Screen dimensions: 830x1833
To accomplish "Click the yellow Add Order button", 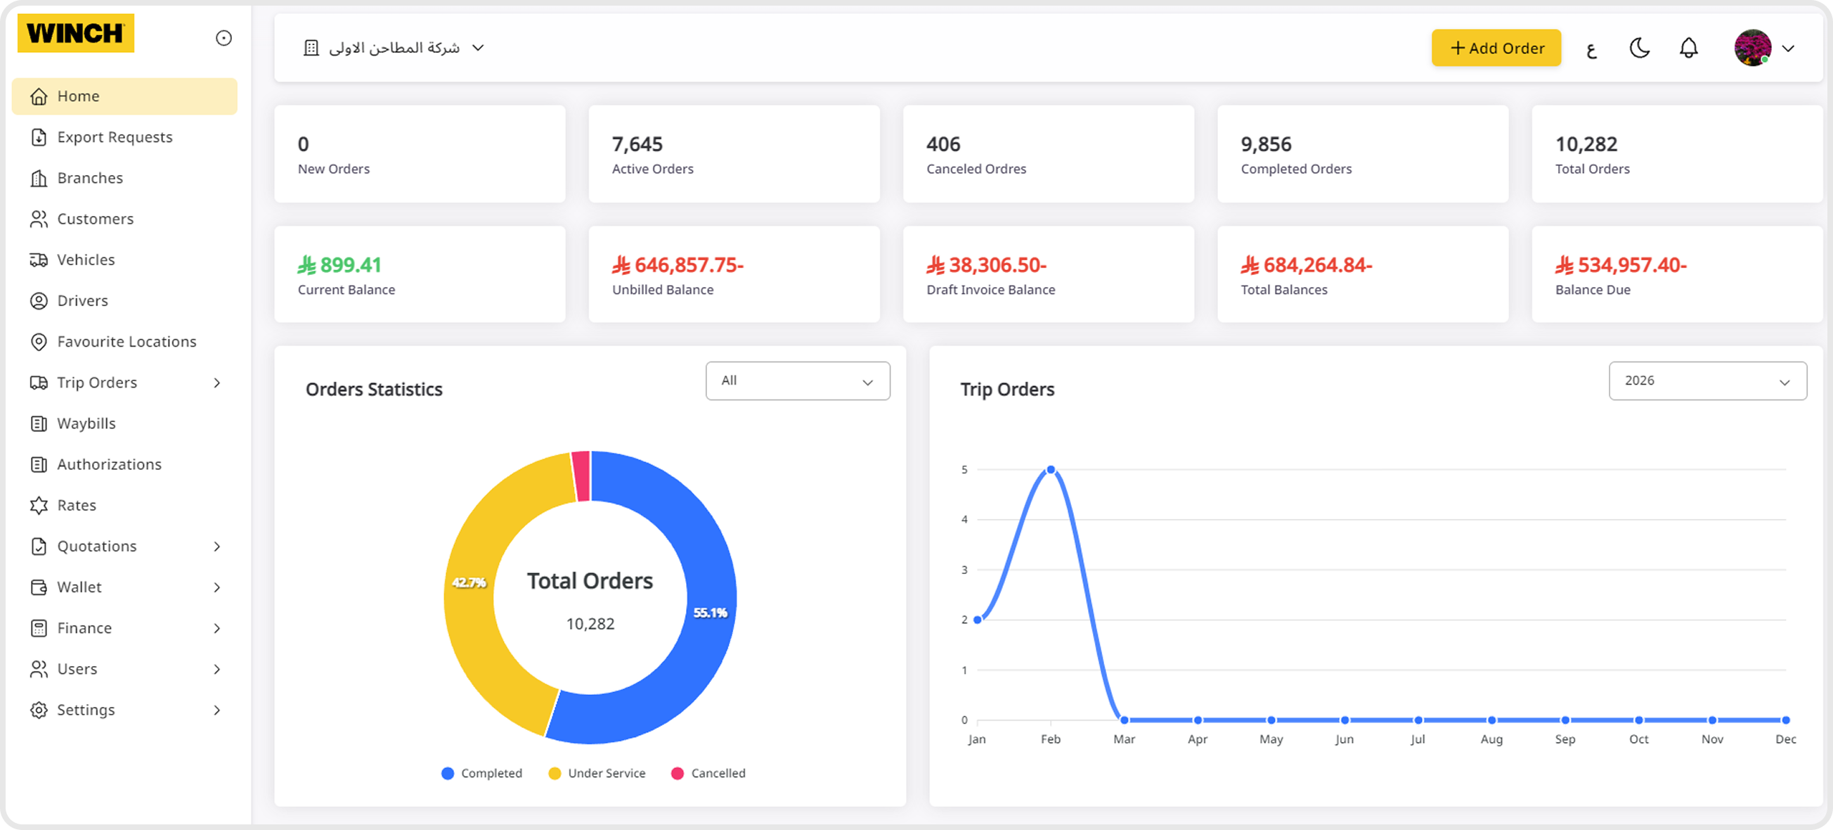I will point(1496,48).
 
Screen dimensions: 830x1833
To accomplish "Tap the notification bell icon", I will point(1688,48).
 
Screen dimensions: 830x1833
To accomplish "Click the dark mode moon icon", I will point(1640,48).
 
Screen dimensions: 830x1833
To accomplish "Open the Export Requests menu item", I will point(115,136).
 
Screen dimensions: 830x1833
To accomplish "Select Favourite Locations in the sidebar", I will point(127,342).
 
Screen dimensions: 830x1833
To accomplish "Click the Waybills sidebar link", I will point(86,423).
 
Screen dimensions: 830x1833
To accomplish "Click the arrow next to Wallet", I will point(217,587).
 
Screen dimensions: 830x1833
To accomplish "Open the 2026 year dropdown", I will point(1707,381).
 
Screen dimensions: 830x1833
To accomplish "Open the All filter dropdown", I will point(797,381).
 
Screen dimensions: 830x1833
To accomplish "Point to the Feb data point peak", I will point(1050,470).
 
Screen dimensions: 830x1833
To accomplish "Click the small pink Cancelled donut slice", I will point(581,475).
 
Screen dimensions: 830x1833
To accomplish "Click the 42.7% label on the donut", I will point(469,582).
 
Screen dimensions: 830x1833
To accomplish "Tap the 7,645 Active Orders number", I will point(637,144).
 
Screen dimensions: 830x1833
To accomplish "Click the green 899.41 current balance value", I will point(349,264).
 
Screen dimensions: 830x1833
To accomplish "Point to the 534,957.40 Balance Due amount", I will point(1631,264).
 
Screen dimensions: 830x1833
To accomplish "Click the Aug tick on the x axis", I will point(1491,739).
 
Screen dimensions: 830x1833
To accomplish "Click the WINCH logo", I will point(75,34).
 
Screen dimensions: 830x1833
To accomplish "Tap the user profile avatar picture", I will point(1752,48).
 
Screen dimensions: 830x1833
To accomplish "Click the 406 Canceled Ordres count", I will point(943,144).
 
